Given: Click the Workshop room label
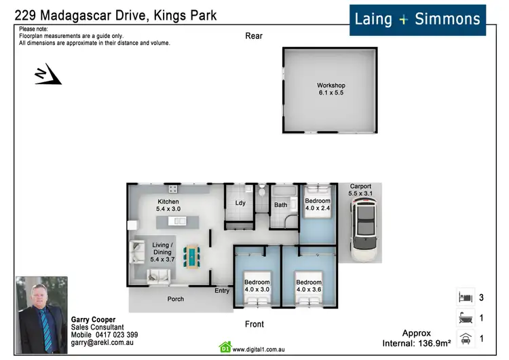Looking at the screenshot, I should tap(331, 89).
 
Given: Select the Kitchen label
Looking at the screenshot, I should tap(168, 206).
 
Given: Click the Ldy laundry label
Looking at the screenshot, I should tap(240, 203).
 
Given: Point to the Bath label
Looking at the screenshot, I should tap(280, 204).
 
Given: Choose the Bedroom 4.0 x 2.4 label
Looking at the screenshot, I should tap(318, 204).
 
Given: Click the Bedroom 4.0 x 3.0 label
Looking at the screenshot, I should tap(257, 286).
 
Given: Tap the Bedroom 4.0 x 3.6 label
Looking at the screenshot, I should tap(309, 286).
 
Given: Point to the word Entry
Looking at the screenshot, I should tap(222, 291).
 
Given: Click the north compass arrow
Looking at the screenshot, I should tap(48, 75).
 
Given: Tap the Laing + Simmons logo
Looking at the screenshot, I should tap(418, 19).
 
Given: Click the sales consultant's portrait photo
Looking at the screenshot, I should tap(42, 314).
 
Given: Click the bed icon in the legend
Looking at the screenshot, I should tap(465, 298).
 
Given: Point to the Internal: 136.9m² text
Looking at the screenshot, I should tap(417, 344).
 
